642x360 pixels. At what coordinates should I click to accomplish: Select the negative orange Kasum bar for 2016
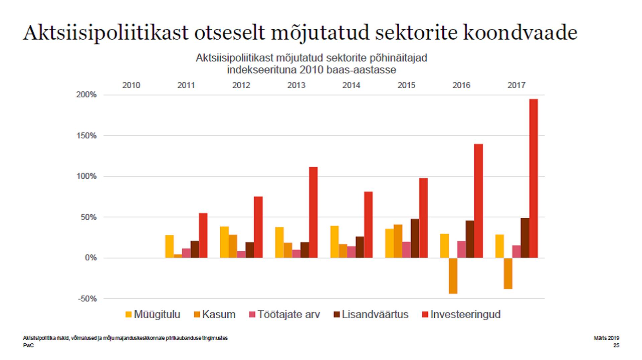click(x=453, y=276)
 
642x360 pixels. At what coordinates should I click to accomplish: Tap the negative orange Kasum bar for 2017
click(x=508, y=273)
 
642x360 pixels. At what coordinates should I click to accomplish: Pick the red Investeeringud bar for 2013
click(x=313, y=212)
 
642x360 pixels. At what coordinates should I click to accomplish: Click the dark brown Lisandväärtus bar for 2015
click(x=415, y=238)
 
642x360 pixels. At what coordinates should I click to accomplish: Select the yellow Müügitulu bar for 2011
click(x=169, y=246)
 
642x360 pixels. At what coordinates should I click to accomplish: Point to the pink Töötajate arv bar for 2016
click(x=461, y=249)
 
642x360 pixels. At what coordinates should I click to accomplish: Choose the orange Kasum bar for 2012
click(x=233, y=246)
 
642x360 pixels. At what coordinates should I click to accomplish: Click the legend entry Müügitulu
click(x=153, y=315)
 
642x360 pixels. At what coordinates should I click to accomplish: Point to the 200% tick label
click(x=86, y=95)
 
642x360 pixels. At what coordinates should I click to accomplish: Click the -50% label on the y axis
click(x=87, y=298)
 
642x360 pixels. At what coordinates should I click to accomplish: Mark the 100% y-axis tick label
click(x=86, y=176)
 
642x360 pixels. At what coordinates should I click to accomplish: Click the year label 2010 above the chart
click(x=131, y=85)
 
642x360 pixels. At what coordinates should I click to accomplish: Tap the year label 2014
click(x=351, y=85)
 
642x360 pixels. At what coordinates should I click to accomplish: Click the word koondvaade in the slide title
click(x=520, y=33)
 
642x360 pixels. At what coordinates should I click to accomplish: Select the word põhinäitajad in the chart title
click(x=398, y=58)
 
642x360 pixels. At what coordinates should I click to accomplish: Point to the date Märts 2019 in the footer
click(x=606, y=338)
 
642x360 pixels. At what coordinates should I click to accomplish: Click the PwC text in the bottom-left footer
click(x=28, y=345)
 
